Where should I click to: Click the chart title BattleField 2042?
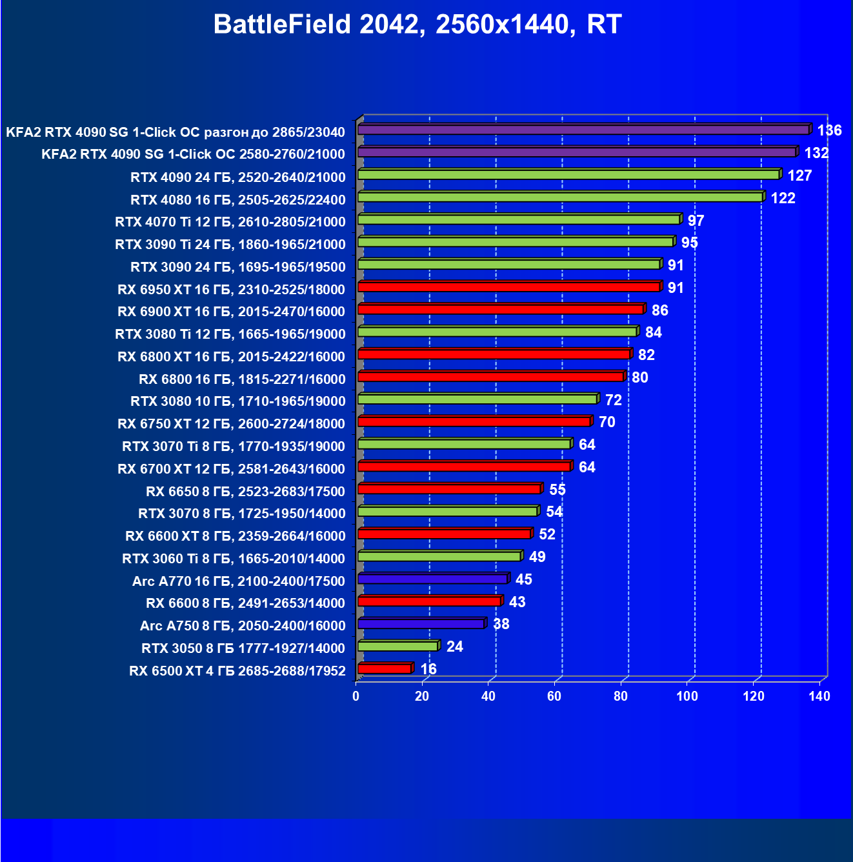point(417,25)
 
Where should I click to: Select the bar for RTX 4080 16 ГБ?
point(560,197)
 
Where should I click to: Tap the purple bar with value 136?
point(583,130)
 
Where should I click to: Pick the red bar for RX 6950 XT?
point(508,286)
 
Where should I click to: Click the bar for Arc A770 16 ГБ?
point(433,579)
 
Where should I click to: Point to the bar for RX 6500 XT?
point(385,668)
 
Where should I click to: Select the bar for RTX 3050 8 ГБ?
point(397,646)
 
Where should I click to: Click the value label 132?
point(816,153)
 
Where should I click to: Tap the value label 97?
point(696,221)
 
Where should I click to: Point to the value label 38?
point(501,624)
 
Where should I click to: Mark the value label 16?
point(428,669)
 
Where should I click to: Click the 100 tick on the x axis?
point(687,696)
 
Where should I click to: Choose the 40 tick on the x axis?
point(488,696)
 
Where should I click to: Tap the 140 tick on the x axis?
point(819,696)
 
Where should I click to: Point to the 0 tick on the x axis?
point(356,696)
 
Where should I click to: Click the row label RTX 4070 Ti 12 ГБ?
point(230,222)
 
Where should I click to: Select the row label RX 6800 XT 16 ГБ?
point(232,357)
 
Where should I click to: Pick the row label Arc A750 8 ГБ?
point(243,626)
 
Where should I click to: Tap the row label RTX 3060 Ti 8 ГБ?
point(234,559)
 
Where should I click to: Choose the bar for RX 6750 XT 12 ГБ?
point(474,421)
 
